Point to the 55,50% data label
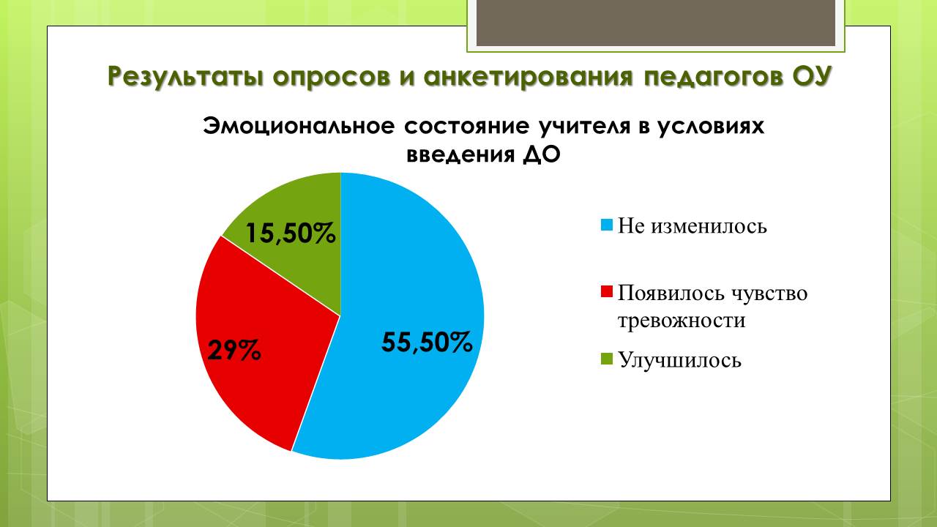(427, 343)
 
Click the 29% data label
(234, 351)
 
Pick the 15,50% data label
(291, 233)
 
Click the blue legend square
(607, 225)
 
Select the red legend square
(607, 291)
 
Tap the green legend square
(607, 359)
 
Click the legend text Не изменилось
(693, 226)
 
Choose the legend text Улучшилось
(679, 359)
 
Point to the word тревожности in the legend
(682, 321)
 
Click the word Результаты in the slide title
(186, 77)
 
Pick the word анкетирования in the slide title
(529, 77)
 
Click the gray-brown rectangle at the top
(656, 23)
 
